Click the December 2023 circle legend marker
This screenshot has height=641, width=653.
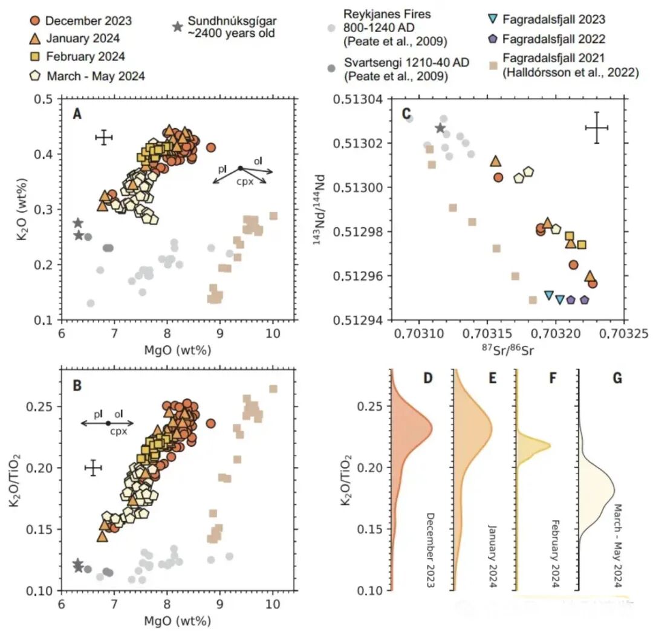[35, 21]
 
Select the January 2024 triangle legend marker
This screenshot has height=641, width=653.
[35, 39]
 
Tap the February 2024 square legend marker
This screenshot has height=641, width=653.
[35, 57]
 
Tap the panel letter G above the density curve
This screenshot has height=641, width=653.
[617, 379]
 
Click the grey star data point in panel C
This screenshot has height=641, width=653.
[440, 128]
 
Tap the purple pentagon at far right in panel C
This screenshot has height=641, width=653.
[584, 299]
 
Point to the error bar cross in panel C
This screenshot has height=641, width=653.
[596, 128]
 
